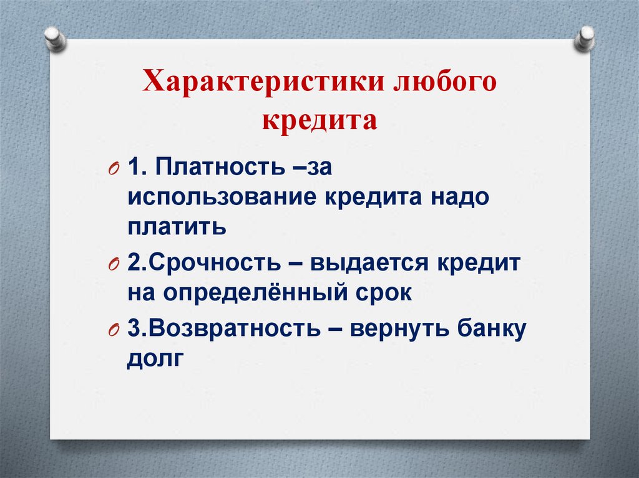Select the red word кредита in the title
point(319,120)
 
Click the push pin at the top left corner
point(55,38)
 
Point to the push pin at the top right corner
point(584,38)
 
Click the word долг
point(155,359)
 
